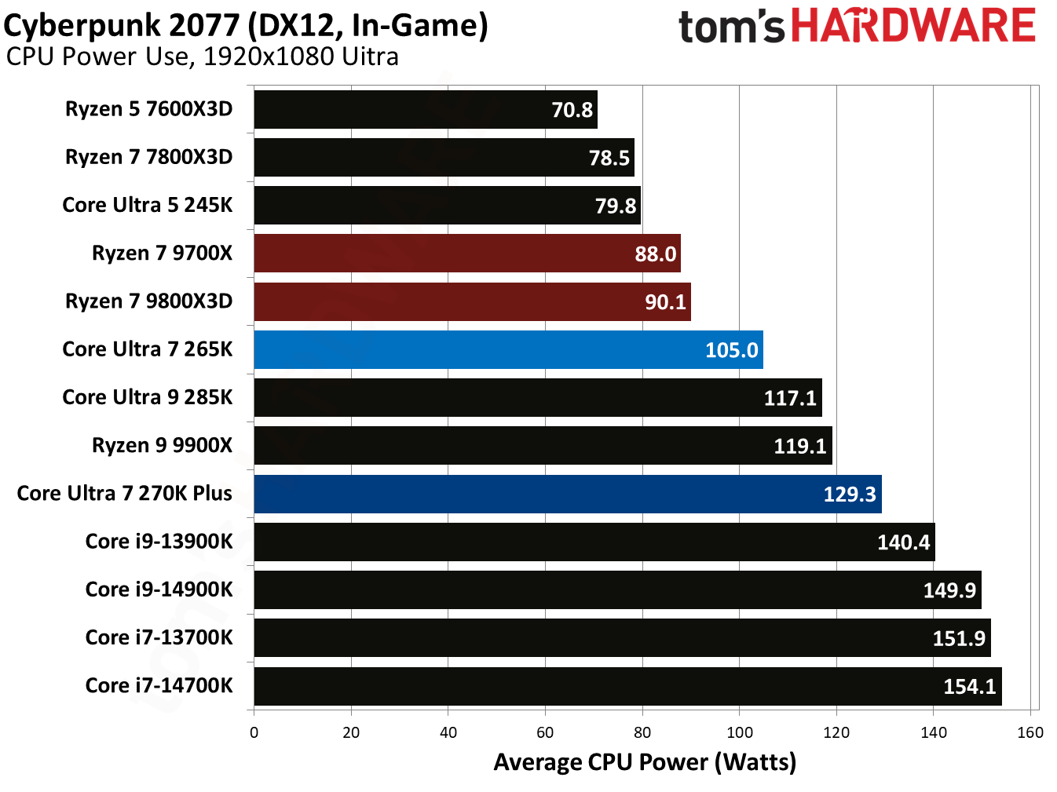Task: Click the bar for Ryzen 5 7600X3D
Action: (x=425, y=109)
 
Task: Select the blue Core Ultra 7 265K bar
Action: (x=508, y=349)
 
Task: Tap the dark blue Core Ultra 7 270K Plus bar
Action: (x=567, y=494)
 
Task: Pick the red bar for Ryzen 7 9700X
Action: (x=466, y=254)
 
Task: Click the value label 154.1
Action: (x=969, y=687)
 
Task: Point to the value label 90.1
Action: (x=665, y=302)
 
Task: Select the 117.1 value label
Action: (x=790, y=398)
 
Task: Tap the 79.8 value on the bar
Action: (x=616, y=206)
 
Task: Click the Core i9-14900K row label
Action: (x=159, y=589)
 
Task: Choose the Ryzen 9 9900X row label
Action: (x=162, y=445)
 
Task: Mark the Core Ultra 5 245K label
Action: (x=148, y=205)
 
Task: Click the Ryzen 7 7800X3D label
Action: (x=148, y=157)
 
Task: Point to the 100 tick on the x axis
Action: (x=739, y=732)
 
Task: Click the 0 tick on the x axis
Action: (x=254, y=732)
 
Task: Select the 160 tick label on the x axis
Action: (x=1030, y=732)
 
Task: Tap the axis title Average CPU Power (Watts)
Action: (x=645, y=762)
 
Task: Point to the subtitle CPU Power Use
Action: (x=202, y=57)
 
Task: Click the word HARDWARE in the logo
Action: (x=913, y=25)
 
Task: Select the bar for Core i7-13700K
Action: (x=622, y=638)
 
